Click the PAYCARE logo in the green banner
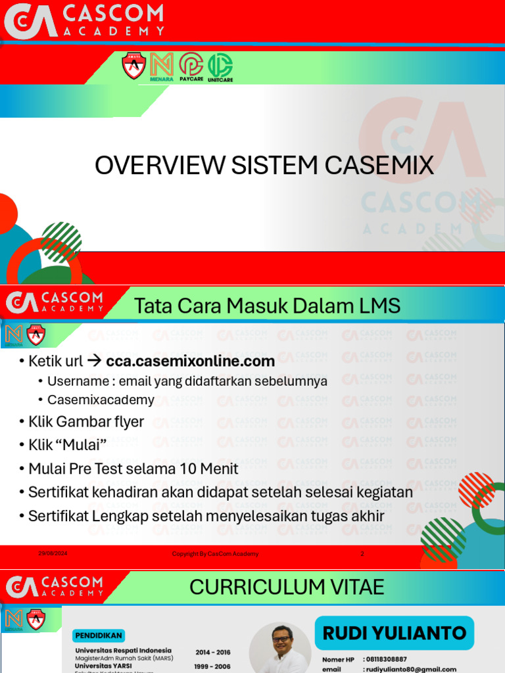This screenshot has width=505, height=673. (x=191, y=66)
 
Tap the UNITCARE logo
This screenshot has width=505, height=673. (x=220, y=66)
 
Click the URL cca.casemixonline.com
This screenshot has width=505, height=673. (x=190, y=361)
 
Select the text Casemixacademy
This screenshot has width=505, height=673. (x=101, y=400)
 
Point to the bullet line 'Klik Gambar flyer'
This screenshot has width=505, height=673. (x=85, y=421)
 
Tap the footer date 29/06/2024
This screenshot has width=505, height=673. (x=53, y=553)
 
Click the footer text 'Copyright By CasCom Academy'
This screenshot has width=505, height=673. (x=215, y=553)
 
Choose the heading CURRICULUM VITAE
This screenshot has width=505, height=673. (x=287, y=586)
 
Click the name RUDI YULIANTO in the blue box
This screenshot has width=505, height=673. (x=394, y=633)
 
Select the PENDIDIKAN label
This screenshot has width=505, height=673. (x=98, y=636)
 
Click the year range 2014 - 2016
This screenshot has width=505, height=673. (x=213, y=652)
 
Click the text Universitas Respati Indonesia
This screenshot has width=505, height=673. (x=123, y=651)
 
